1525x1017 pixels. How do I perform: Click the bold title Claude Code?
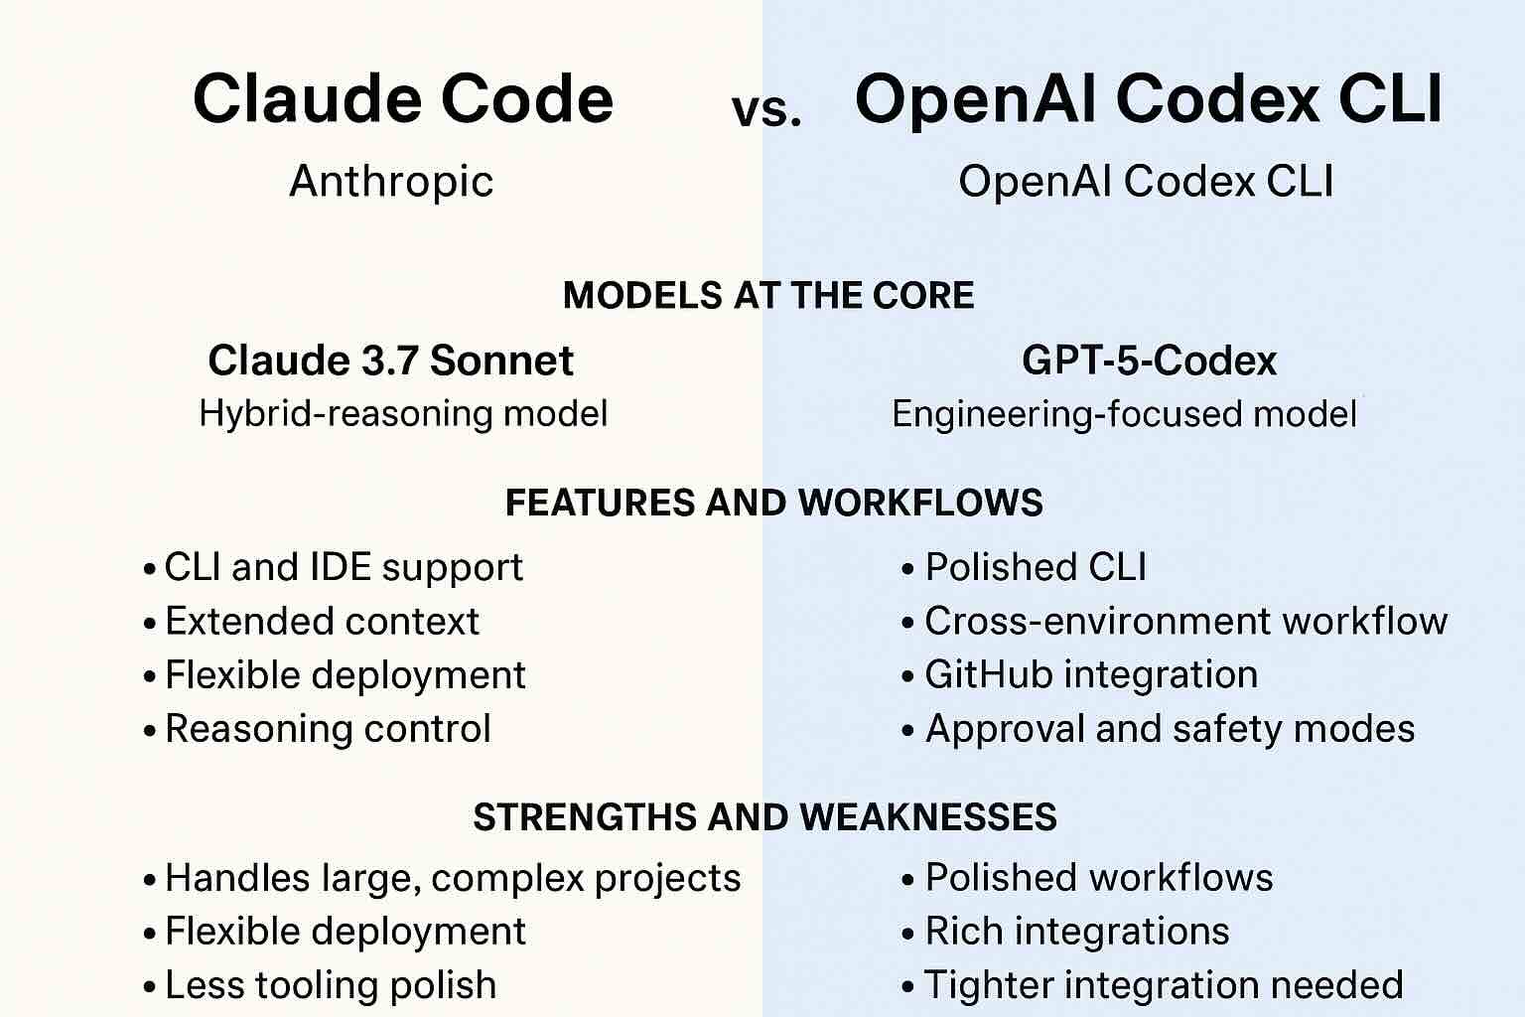pos(403,99)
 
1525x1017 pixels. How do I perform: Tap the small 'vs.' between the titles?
pos(765,110)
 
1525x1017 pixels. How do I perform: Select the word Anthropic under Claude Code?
pos(391,182)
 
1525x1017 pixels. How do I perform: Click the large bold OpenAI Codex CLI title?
pos(1148,99)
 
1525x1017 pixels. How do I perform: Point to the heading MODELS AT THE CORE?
pos(768,296)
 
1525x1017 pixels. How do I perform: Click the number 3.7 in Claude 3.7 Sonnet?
pos(390,361)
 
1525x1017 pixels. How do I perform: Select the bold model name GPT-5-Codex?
pos(1149,361)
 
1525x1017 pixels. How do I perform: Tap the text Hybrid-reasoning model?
pos(403,413)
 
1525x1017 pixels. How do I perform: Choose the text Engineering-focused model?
pos(1124,413)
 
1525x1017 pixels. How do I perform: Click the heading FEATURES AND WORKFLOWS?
pos(773,503)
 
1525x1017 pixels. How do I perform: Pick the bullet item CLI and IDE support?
pos(343,567)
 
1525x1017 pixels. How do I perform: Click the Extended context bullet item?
pos(322,622)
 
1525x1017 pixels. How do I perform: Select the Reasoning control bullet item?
pos(328,729)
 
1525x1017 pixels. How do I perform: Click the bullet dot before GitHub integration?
pos(907,677)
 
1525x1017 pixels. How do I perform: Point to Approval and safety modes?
pos(1170,729)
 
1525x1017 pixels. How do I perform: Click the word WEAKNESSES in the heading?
pos(927,817)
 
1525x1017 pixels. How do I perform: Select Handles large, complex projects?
pos(453,878)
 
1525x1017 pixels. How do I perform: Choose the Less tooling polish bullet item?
pos(331,985)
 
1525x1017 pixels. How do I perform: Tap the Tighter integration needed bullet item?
pos(1164,985)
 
